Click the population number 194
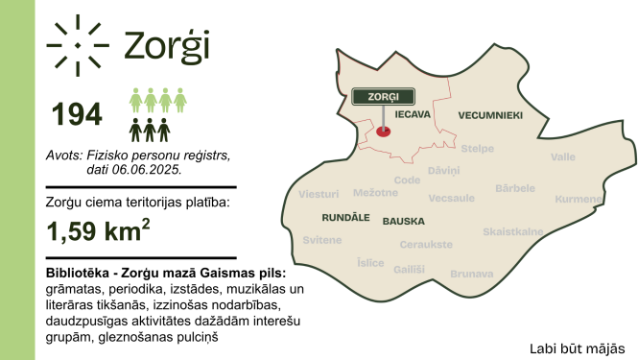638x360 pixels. click(77, 114)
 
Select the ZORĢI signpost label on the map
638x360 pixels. click(383, 96)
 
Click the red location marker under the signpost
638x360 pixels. click(384, 132)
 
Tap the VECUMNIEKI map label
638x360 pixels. click(489, 114)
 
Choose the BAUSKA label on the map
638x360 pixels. click(403, 221)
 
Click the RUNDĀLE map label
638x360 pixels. click(323, 218)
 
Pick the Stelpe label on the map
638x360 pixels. click(477, 148)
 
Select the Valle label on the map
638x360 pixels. click(563, 156)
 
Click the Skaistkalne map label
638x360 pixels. click(513, 231)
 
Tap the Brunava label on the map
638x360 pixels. click(470, 273)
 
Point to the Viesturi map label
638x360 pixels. click(319, 194)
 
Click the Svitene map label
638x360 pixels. click(321, 239)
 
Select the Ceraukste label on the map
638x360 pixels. click(426, 244)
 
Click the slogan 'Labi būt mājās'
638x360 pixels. click(577, 347)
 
